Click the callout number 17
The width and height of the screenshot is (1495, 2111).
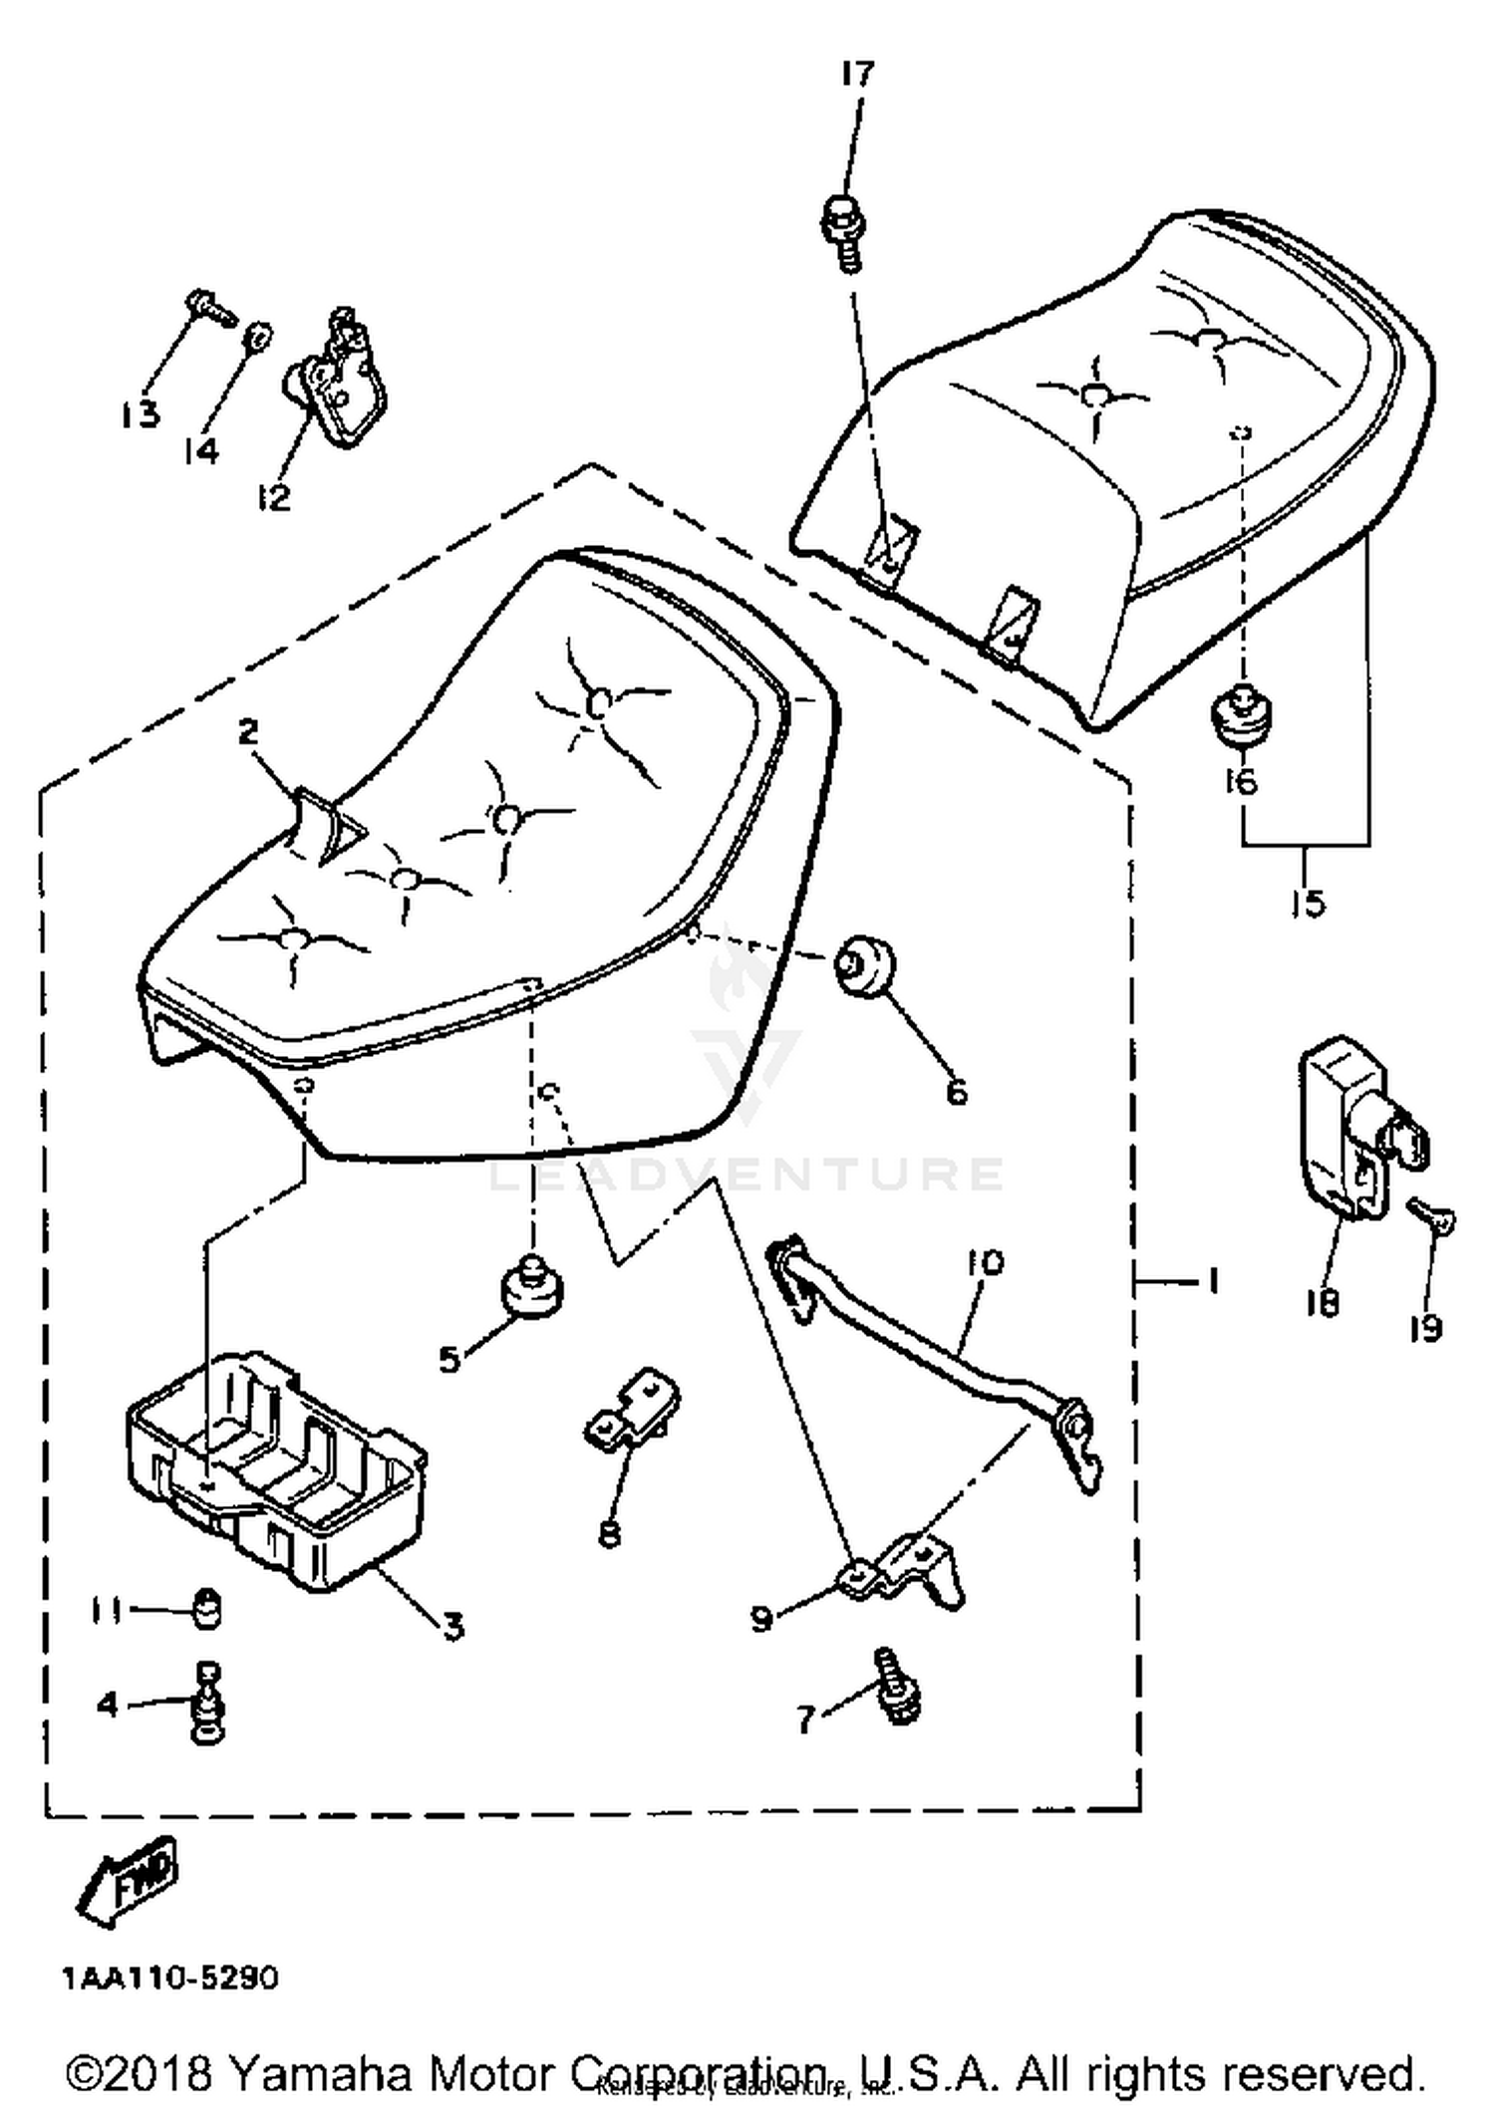coord(856,75)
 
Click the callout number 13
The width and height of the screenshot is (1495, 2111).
coord(141,412)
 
